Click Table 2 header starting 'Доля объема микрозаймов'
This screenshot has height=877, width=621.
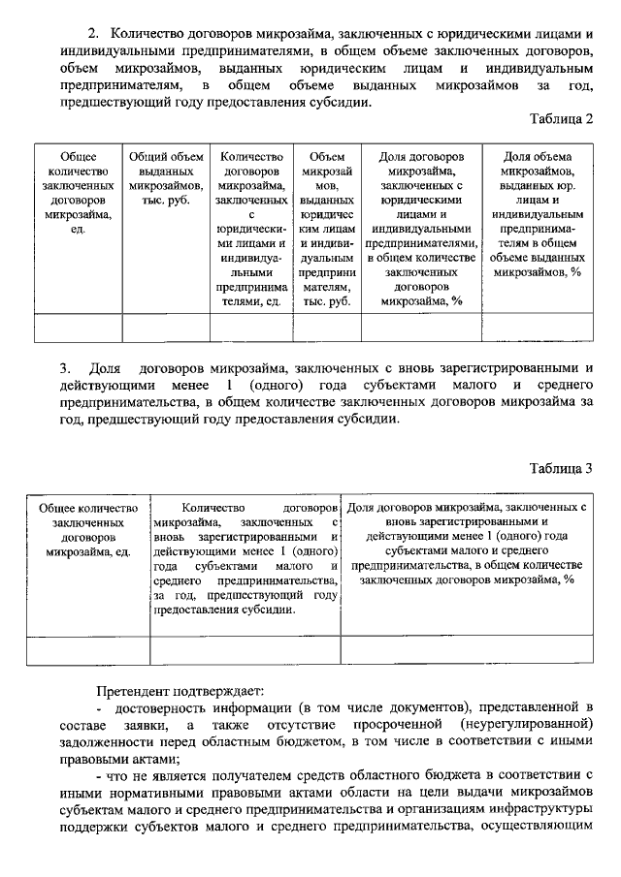538,214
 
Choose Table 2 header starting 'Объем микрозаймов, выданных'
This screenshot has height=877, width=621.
327,229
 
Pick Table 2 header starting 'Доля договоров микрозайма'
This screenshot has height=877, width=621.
421,229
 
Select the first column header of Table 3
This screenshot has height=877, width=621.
88,529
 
